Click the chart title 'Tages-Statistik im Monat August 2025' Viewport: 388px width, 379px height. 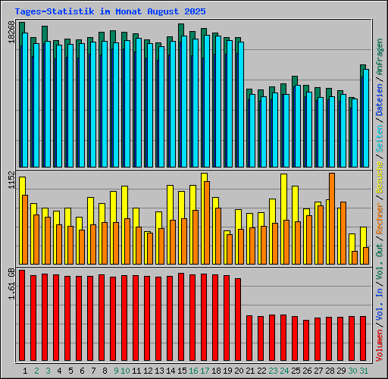click(110, 12)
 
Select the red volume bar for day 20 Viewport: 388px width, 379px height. click(238, 320)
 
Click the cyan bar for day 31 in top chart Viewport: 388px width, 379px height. click(365, 117)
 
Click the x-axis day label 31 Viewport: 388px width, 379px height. click(364, 370)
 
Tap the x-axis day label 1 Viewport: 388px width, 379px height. click(26, 370)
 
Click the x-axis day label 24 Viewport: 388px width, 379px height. click(284, 370)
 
